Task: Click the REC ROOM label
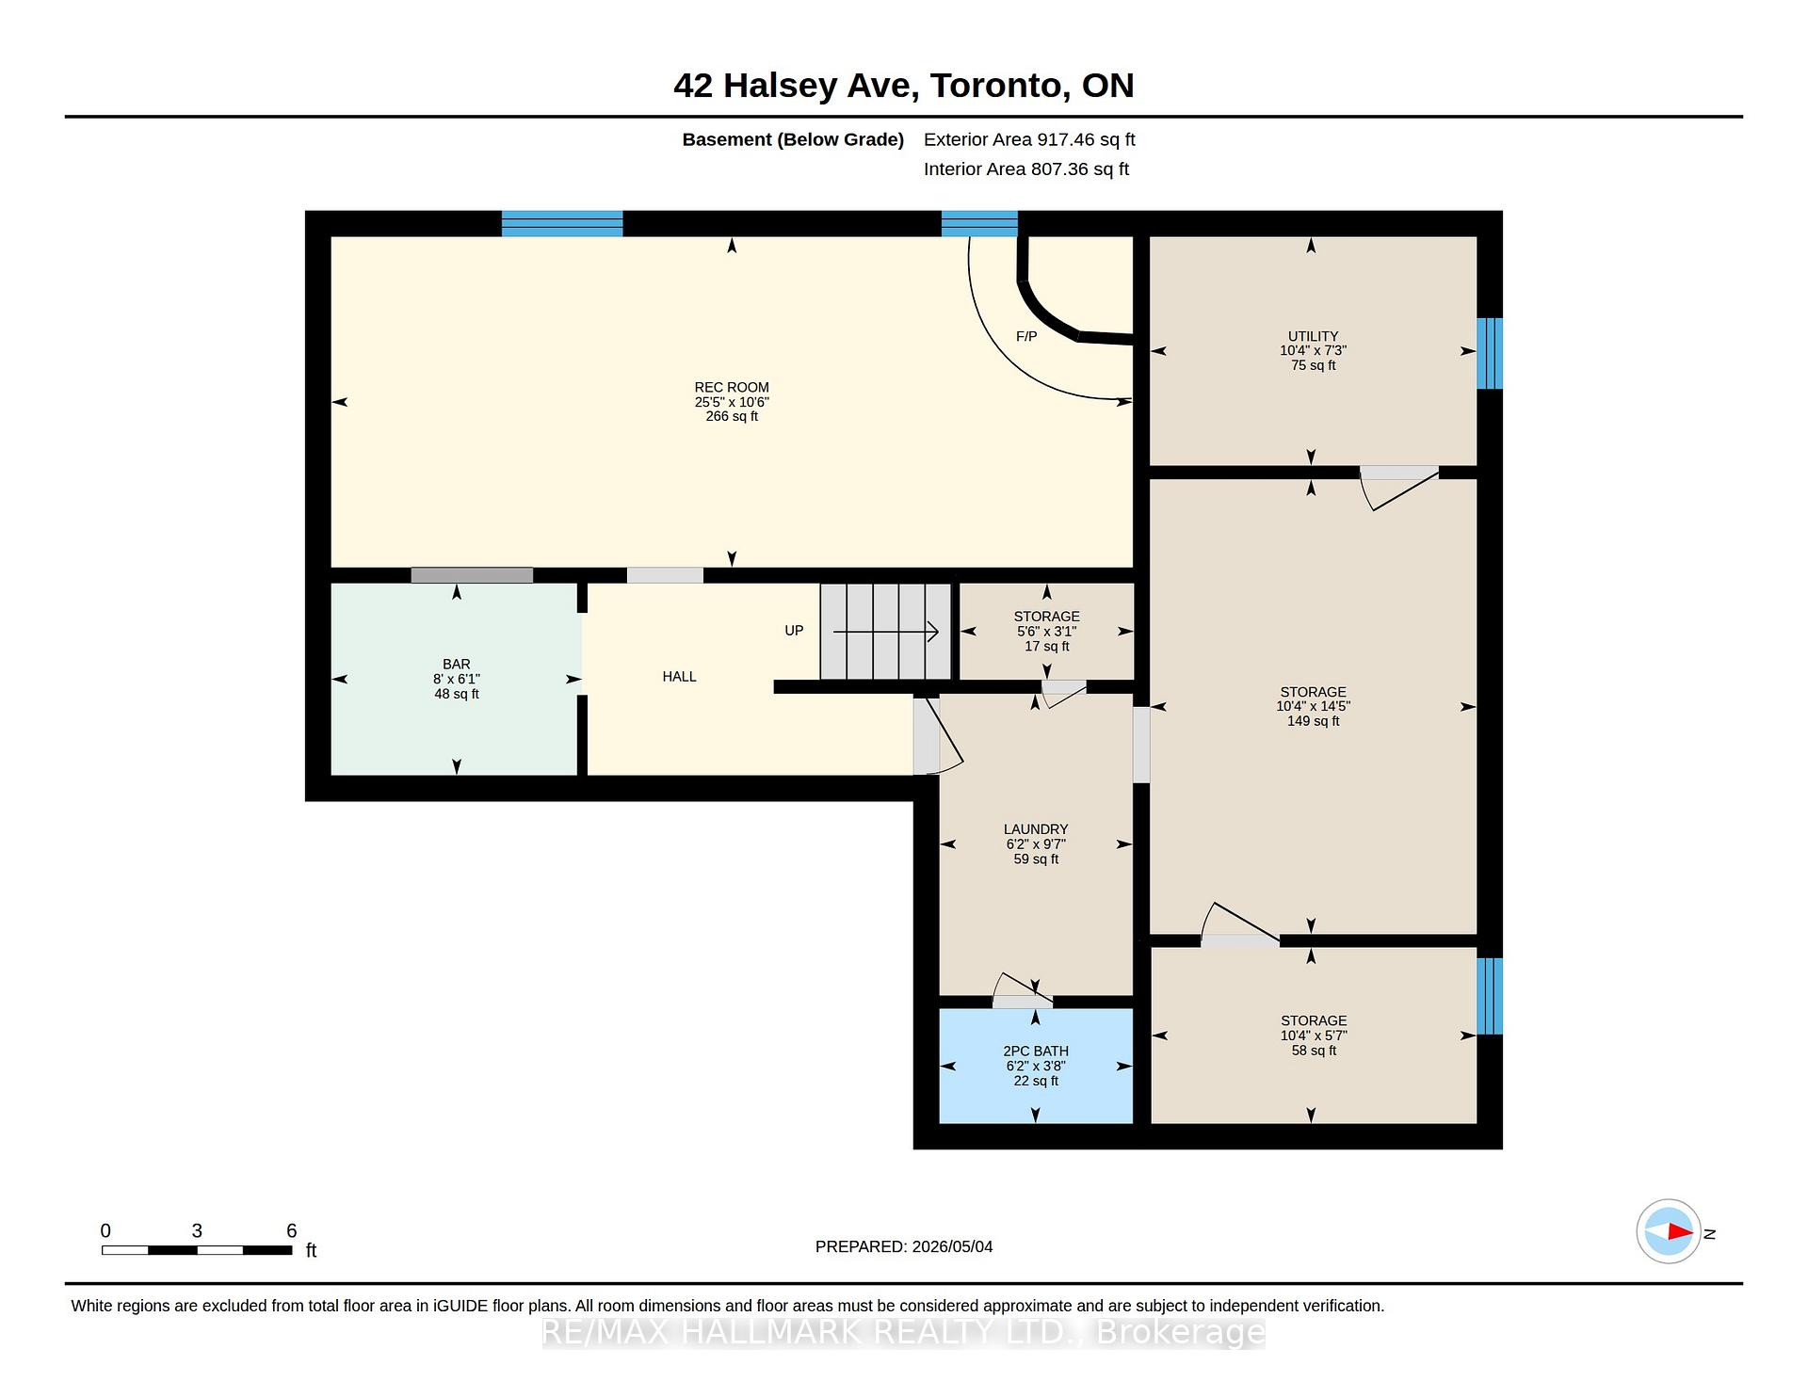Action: (x=732, y=387)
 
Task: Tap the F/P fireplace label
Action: (x=1026, y=336)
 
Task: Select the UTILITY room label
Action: (x=1313, y=336)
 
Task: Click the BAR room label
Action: (x=457, y=664)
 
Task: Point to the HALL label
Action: (x=679, y=676)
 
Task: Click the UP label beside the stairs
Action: (x=794, y=630)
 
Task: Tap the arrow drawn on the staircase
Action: (x=886, y=632)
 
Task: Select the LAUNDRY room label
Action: (x=1036, y=829)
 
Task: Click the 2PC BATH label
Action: (x=1036, y=1051)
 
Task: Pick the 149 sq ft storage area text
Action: (x=1313, y=721)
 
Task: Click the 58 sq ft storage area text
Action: (x=1314, y=1051)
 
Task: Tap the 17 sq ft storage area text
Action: (x=1047, y=646)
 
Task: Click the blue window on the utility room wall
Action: (x=1490, y=353)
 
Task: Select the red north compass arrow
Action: (x=1681, y=1231)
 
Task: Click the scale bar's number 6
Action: (x=292, y=1230)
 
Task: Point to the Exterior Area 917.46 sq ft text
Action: (x=1029, y=139)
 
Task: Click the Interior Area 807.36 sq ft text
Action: (x=1026, y=169)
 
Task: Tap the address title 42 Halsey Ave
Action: (x=793, y=86)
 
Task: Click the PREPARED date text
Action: (x=904, y=1246)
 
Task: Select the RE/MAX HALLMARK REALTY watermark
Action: (x=904, y=1332)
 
